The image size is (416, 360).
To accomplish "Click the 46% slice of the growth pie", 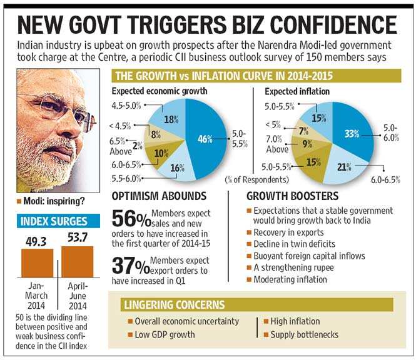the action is click(x=206, y=138).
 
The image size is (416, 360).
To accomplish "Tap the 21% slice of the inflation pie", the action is click(x=345, y=167).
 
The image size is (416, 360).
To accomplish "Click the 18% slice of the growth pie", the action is click(x=170, y=117).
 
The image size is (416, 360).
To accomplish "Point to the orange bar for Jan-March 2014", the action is click(x=37, y=263).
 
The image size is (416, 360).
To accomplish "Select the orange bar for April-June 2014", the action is click(x=78, y=262).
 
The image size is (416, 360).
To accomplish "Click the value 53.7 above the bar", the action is click(x=78, y=237).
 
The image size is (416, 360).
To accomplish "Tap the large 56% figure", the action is click(x=131, y=218).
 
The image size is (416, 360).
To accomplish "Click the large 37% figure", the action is click(x=131, y=266).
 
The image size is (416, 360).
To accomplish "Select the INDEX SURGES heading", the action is click(x=54, y=221).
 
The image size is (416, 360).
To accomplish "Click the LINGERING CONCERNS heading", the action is click(x=175, y=304).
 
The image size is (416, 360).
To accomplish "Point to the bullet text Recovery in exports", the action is click(x=288, y=232).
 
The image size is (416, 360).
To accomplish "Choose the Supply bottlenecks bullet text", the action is click(x=305, y=334).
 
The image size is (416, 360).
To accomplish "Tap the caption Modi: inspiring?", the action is click(x=54, y=201).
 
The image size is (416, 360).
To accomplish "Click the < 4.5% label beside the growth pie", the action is click(x=120, y=126).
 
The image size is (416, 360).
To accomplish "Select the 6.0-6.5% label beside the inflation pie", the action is click(x=385, y=180).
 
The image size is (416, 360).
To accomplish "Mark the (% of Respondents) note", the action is click(x=257, y=180).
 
